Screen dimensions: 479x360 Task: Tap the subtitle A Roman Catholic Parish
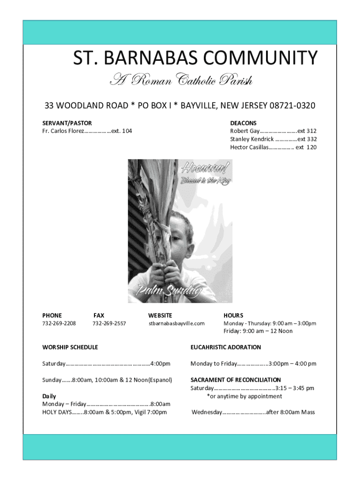[x=180, y=81]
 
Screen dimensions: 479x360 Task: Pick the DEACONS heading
[x=243, y=123]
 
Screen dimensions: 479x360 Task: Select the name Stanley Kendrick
[x=252, y=139]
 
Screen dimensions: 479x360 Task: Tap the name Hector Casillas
[x=249, y=147]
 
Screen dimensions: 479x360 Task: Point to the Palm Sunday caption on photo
[x=168, y=291]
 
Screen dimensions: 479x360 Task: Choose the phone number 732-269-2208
[x=59, y=323]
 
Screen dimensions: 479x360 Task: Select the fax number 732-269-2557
[x=109, y=323]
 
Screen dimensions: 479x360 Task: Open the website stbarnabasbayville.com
[x=177, y=323]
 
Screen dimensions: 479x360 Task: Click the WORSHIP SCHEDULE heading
[x=70, y=347]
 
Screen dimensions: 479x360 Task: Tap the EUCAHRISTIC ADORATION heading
[x=225, y=347]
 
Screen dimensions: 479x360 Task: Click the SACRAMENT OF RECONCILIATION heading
[x=236, y=380]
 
